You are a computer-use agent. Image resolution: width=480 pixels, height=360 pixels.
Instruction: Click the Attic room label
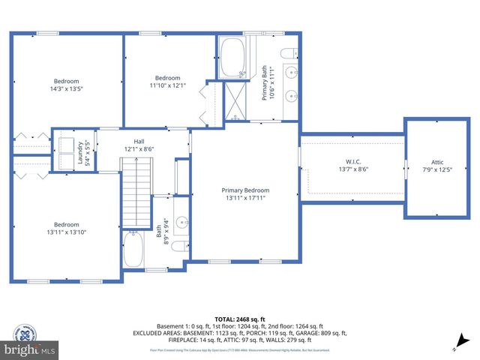(x=437, y=161)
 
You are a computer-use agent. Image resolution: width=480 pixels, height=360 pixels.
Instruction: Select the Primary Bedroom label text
(x=245, y=190)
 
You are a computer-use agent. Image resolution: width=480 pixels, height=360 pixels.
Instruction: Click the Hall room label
(x=139, y=141)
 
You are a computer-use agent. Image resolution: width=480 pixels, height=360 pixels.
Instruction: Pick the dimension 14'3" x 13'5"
(x=66, y=88)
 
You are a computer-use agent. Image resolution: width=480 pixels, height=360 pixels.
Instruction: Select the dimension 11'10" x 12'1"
(x=167, y=85)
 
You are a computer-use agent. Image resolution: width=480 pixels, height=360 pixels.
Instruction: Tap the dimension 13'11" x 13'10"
(x=66, y=232)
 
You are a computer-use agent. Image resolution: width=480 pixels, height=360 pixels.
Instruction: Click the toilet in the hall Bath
(x=178, y=246)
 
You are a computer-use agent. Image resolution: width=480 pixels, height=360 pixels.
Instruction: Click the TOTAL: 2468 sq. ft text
(x=239, y=319)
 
